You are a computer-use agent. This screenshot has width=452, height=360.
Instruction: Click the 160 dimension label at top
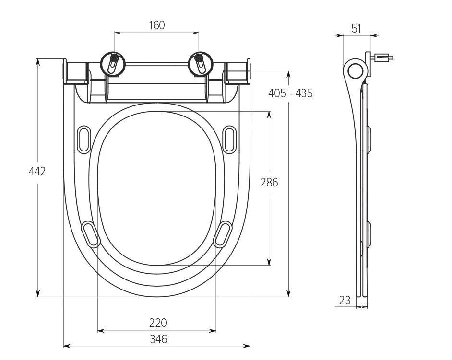(157, 25)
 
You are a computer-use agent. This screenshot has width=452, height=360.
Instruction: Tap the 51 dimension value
(356, 28)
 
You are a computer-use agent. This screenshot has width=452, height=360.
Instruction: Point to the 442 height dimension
(37, 171)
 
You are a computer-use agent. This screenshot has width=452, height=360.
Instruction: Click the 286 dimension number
(269, 182)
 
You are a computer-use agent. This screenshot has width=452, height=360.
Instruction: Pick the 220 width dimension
(157, 323)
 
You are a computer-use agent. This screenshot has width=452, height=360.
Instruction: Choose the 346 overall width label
(158, 339)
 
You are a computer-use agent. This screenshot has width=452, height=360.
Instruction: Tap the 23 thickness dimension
(345, 301)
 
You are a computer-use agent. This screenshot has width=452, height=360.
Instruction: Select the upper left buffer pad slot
(83, 139)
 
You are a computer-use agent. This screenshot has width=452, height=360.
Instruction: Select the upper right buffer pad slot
(230, 139)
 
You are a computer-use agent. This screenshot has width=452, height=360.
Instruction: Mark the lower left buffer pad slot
(91, 234)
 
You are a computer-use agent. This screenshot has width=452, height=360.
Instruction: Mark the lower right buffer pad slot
(223, 234)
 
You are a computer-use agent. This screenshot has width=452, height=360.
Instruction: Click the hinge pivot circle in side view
(355, 71)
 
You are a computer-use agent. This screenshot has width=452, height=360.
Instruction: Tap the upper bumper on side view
(369, 139)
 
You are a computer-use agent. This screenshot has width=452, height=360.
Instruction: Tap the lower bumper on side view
(369, 234)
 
